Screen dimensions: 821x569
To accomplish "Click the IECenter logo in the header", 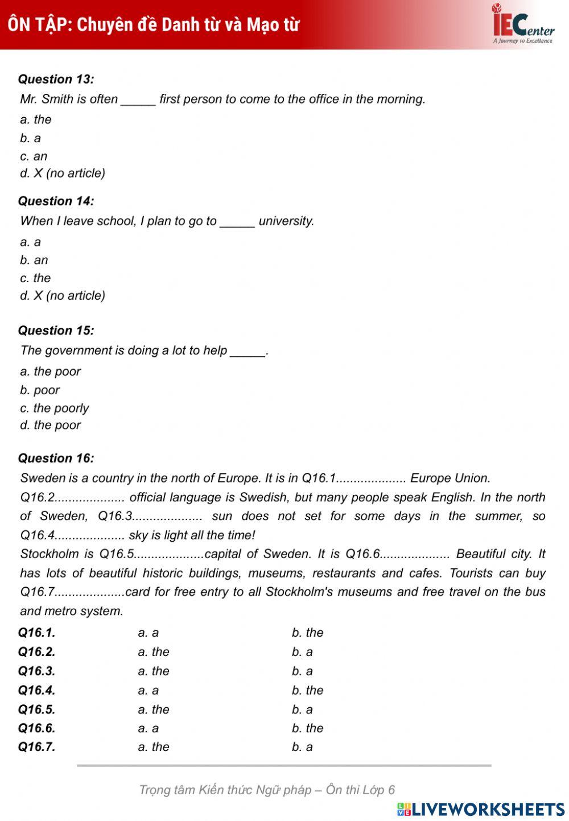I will [x=522, y=24].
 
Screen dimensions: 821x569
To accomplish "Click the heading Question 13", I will [x=56, y=79].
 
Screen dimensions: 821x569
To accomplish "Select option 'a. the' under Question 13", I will [x=35, y=119].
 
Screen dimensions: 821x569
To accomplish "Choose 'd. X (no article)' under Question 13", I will [x=63, y=173].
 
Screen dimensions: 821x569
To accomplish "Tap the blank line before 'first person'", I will [x=138, y=100].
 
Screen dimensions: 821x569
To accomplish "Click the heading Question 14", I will [x=56, y=201].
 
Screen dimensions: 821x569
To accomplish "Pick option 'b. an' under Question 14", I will [x=34, y=260].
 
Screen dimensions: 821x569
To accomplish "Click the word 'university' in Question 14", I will [x=286, y=221].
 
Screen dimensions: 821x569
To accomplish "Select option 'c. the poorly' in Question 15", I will [x=55, y=408].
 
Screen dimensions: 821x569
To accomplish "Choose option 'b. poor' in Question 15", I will [x=40, y=390].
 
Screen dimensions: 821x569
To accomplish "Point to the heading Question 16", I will [x=56, y=458].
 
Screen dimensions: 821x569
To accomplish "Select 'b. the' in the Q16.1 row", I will [x=307, y=633].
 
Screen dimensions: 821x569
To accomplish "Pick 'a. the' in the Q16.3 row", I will [x=154, y=671].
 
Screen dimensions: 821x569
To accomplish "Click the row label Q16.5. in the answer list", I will [x=37, y=709].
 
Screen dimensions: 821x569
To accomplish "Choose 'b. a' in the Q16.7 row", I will [x=302, y=747].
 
